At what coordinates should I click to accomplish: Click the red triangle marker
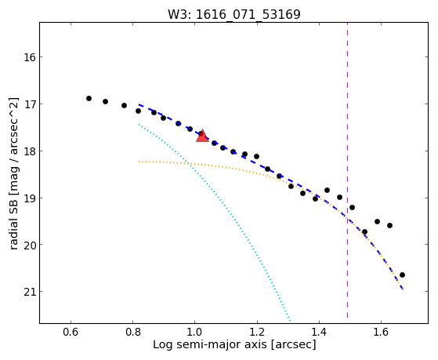click(202, 136)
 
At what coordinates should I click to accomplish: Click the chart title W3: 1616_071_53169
click(233, 14)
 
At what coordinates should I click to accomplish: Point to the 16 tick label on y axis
click(28, 57)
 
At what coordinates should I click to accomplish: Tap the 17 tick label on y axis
click(28, 104)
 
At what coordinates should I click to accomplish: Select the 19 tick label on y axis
click(28, 198)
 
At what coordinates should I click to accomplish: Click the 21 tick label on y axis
click(28, 292)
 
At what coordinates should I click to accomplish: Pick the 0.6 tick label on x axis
click(71, 332)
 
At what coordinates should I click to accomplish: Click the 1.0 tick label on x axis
click(195, 332)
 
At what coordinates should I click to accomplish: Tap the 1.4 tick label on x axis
click(319, 332)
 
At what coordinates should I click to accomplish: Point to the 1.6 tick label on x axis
click(381, 332)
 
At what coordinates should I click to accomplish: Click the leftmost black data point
click(89, 99)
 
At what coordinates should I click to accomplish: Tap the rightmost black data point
click(402, 275)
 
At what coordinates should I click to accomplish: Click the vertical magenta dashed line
click(347, 170)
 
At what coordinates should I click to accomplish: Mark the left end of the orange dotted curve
click(139, 162)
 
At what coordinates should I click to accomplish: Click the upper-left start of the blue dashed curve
click(139, 104)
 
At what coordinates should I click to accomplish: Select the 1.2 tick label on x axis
click(257, 332)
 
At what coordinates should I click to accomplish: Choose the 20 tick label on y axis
click(28, 245)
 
